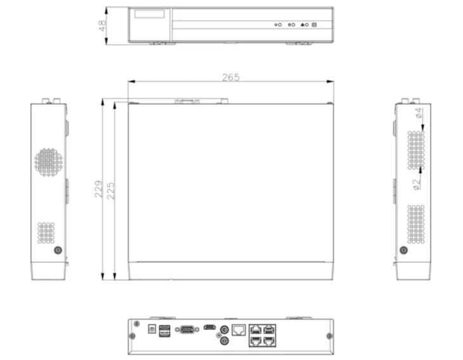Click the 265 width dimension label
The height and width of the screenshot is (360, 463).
pyautogui.click(x=231, y=77)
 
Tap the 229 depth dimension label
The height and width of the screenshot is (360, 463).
pyautogui.click(x=99, y=189)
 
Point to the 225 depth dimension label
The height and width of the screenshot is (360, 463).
pyautogui.click(x=111, y=189)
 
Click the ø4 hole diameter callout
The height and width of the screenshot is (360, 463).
pyautogui.click(x=418, y=114)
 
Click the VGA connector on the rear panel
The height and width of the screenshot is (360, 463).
pyautogui.click(x=186, y=329)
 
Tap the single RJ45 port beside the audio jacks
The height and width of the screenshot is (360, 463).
pyautogui.click(x=239, y=329)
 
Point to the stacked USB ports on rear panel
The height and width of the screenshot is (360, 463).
pyautogui.click(x=164, y=331)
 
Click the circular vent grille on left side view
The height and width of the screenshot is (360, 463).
pyautogui.click(x=48, y=162)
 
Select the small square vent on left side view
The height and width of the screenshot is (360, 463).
pyautogui.click(x=46, y=232)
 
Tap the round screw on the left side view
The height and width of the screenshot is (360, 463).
pyautogui.click(x=58, y=250)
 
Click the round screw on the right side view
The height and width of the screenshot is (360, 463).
pyautogui.click(x=404, y=250)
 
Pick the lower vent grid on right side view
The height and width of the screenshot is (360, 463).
pyautogui.click(x=415, y=223)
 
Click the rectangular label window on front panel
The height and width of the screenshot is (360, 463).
pyautogui.click(x=150, y=14)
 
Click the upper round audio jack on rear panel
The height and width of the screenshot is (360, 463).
pyautogui.click(x=223, y=330)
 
